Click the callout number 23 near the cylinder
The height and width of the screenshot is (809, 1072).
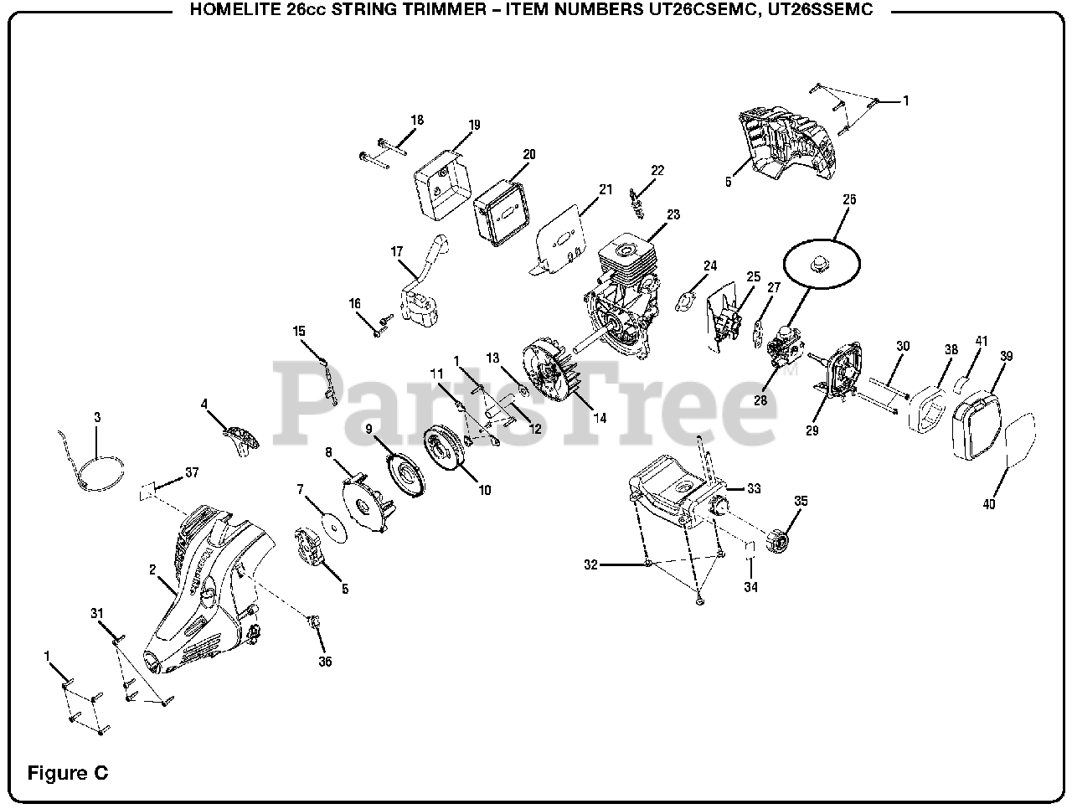[673, 214]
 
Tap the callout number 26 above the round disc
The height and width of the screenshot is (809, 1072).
[849, 199]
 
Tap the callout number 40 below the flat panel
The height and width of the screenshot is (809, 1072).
[989, 504]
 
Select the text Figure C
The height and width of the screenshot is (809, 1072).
[68, 772]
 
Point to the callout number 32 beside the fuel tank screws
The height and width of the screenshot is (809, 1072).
[591, 565]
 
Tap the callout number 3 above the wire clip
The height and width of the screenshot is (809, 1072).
[96, 416]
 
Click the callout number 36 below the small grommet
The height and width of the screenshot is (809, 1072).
[325, 662]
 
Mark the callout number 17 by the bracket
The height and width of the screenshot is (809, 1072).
[397, 251]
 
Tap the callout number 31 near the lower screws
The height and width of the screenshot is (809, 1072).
[96, 614]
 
